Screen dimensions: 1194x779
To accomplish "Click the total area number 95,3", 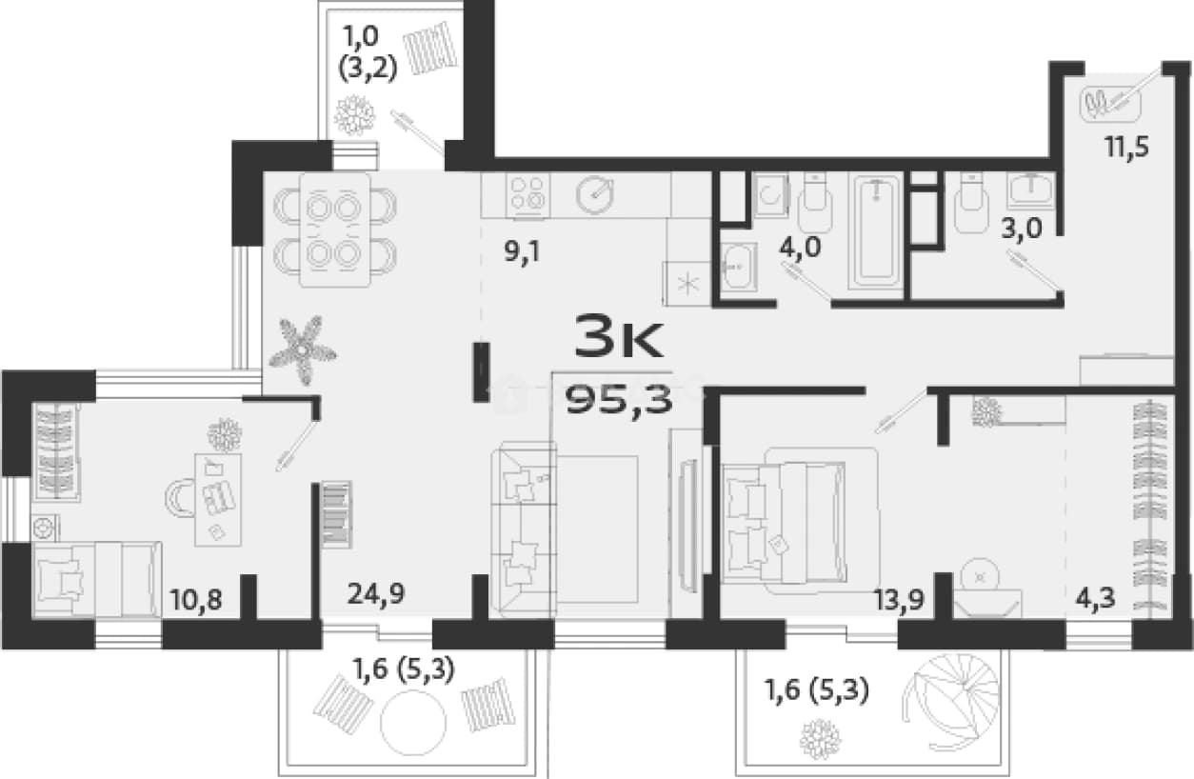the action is (x=619, y=402).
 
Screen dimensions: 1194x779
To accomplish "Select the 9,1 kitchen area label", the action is (x=523, y=251).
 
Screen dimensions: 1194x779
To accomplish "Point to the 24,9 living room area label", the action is (x=376, y=594).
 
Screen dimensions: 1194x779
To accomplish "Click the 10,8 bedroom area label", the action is (x=195, y=600).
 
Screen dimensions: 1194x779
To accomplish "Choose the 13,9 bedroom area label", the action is (x=898, y=600).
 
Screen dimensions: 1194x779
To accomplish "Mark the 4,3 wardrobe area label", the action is (x=1095, y=599).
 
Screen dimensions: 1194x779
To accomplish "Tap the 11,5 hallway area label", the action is (x=1127, y=148).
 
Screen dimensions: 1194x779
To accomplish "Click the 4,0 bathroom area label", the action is (x=800, y=248).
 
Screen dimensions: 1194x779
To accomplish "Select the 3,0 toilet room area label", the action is (x=1022, y=230).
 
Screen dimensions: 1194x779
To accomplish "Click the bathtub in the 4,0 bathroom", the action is (x=876, y=230).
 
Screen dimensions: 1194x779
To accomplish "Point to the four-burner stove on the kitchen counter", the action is (x=527, y=195).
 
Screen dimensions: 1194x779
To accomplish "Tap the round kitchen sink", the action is (x=594, y=195).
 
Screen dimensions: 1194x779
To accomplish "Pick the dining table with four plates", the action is (x=335, y=230).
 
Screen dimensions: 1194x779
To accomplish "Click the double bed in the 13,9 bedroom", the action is (x=784, y=523).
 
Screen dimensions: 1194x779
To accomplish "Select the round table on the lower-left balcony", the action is (x=413, y=723).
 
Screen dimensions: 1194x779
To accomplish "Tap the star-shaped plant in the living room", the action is (x=302, y=350).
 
